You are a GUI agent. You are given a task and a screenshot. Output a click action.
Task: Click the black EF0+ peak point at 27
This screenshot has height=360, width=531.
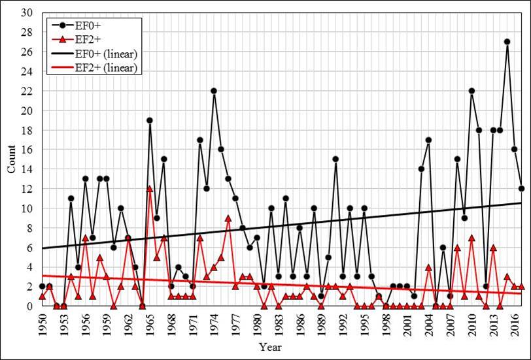(507, 42)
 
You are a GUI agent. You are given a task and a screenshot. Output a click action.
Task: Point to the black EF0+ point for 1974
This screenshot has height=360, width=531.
(213, 91)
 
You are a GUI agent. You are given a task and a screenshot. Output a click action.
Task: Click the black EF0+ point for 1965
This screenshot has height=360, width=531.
(150, 120)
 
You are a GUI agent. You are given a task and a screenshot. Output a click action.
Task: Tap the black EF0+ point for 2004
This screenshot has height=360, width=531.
(428, 140)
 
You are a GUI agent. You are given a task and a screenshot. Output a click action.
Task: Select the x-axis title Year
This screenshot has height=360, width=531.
(270, 347)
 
